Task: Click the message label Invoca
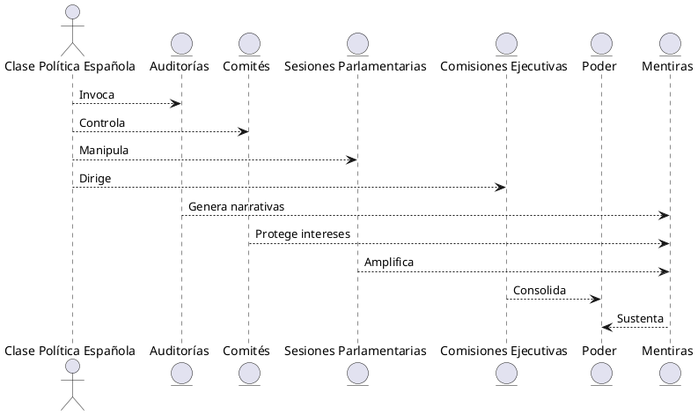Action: tap(97, 94)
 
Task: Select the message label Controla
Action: tap(102, 122)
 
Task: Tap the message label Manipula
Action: tap(104, 151)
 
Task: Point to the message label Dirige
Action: tap(95, 179)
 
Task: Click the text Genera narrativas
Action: tap(236, 206)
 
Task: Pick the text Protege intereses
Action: tap(303, 234)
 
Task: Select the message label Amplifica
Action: tap(389, 263)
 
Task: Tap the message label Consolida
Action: tap(540, 290)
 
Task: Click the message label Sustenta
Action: tap(641, 318)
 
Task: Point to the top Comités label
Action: tap(246, 67)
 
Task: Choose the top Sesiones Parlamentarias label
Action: tap(356, 67)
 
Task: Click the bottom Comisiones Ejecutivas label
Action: tap(505, 351)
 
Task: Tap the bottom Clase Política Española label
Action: tap(70, 351)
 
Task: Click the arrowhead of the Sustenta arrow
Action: tap(606, 328)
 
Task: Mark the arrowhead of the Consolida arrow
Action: tap(596, 300)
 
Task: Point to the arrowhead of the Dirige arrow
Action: tap(501, 188)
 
